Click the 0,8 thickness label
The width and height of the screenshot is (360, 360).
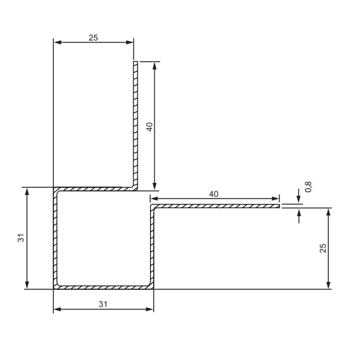click(x=308, y=187)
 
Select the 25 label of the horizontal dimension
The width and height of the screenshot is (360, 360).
click(x=93, y=37)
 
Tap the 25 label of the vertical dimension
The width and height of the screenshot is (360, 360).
click(x=323, y=248)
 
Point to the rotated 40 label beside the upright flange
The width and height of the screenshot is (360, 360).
click(x=149, y=127)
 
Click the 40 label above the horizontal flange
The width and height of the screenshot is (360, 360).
click(x=214, y=194)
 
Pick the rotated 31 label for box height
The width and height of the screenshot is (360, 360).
click(x=21, y=238)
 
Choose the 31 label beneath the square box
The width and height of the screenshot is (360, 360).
click(x=103, y=304)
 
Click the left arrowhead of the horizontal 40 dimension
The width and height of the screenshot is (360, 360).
click(x=153, y=199)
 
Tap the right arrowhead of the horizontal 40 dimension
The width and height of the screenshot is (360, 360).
click(x=276, y=199)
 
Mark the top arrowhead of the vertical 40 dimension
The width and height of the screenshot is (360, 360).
click(x=155, y=65)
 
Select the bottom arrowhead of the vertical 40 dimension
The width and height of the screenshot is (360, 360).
click(x=155, y=187)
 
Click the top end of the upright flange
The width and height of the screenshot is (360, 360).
click(x=136, y=62)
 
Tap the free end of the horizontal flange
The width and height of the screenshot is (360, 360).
click(x=278, y=206)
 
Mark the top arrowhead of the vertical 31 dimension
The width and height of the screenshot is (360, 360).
click(x=27, y=191)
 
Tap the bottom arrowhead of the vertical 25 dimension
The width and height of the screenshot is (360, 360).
click(x=329, y=285)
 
